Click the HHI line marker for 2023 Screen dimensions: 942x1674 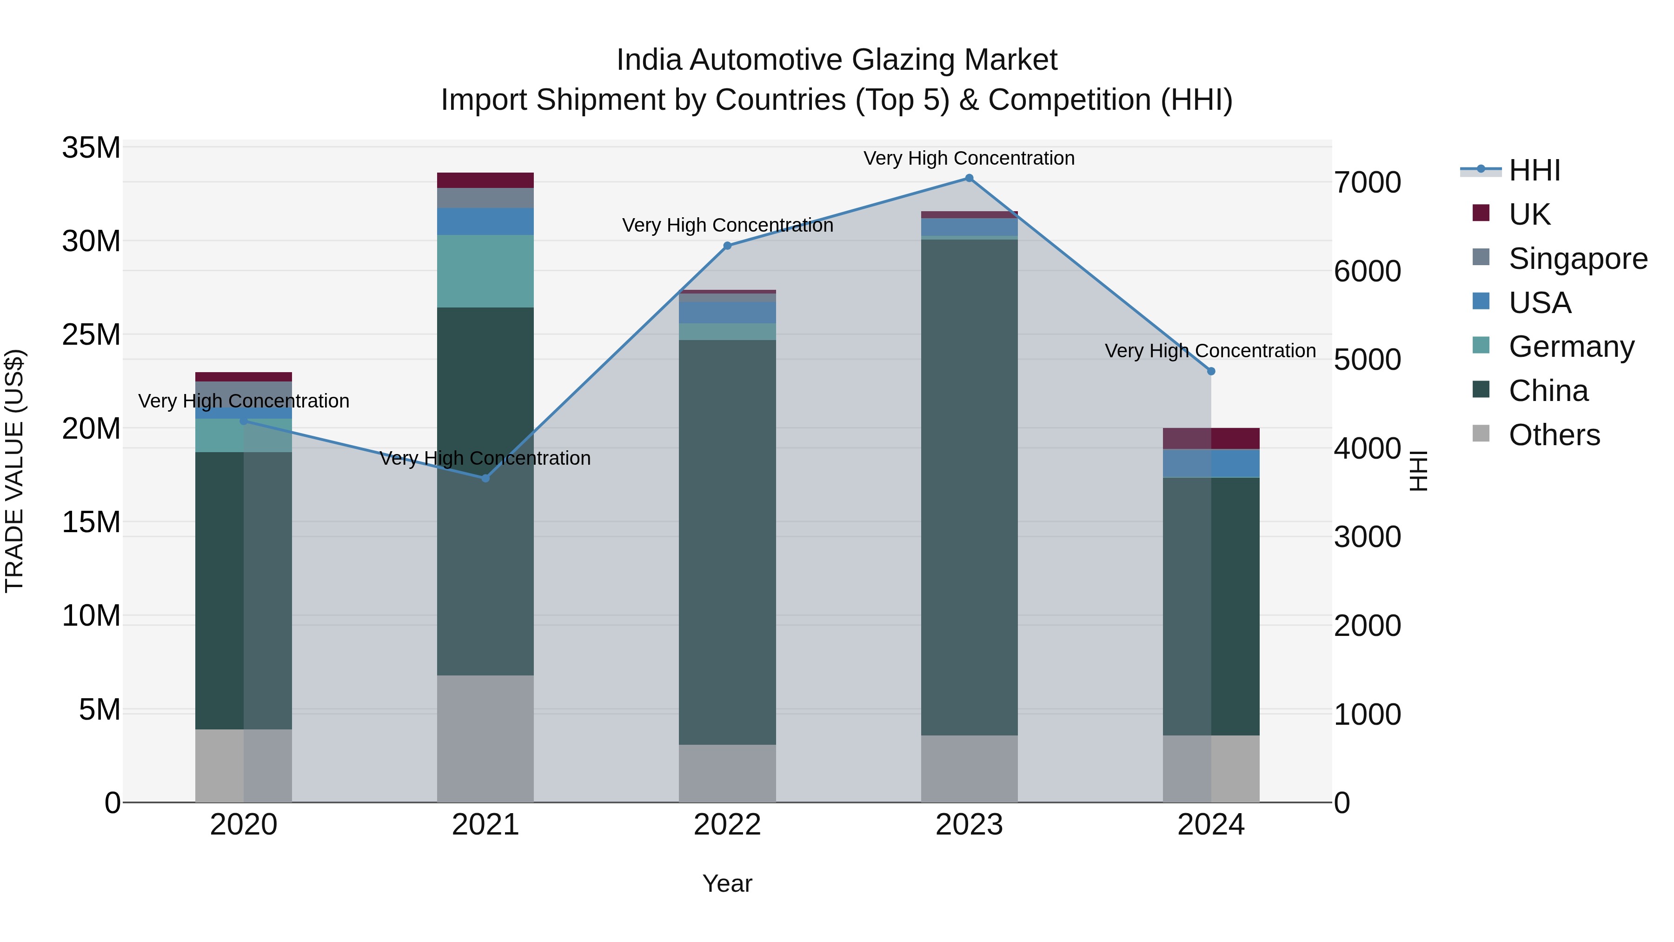[x=969, y=178]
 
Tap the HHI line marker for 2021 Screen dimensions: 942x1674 [x=485, y=478]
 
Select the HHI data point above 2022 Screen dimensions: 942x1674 [x=727, y=246]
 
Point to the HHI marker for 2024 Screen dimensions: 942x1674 [x=1211, y=371]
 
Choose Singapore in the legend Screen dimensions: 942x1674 [x=1577, y=259]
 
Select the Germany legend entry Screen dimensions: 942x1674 [x=1571, y=347]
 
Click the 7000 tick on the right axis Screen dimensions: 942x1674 [x=1367, y=183]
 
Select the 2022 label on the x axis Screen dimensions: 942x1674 [x=727, y=825]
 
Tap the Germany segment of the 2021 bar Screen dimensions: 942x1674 [x=485, y=271]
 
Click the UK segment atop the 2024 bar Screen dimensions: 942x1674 [x=1211, y=438]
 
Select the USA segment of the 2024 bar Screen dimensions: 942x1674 [x=1211, y=463]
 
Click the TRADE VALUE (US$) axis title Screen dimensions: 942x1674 [x=14, y=471]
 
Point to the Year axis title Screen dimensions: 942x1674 [x=727, y=883]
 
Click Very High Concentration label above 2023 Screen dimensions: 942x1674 [x=969, y=158]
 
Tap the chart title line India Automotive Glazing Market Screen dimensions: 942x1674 [x=837, y=60]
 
